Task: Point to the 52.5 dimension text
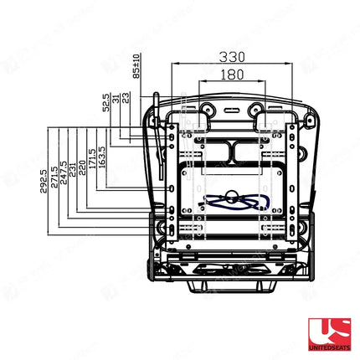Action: click(x=106, y=103)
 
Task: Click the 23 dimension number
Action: click(x=126, y=97)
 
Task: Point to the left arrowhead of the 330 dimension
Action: click(x=172, y=64)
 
